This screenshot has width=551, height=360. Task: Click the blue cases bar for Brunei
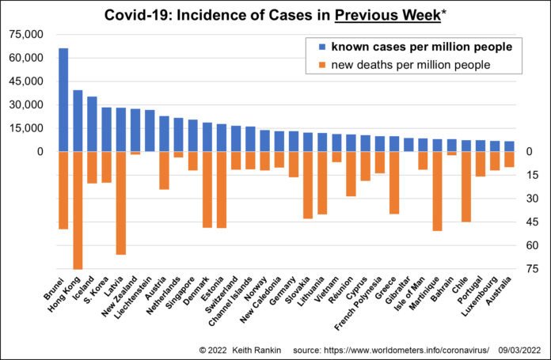(x=63, y=100)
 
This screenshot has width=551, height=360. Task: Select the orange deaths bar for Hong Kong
(x=78, y=210)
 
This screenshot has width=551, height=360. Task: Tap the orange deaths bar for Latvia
(x=121, y=203)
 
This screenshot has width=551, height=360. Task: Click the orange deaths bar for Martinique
(x=438, y=191)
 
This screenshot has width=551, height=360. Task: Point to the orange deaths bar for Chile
(x=466, y=187)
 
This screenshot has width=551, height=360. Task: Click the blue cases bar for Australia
(x=509, y=146)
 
